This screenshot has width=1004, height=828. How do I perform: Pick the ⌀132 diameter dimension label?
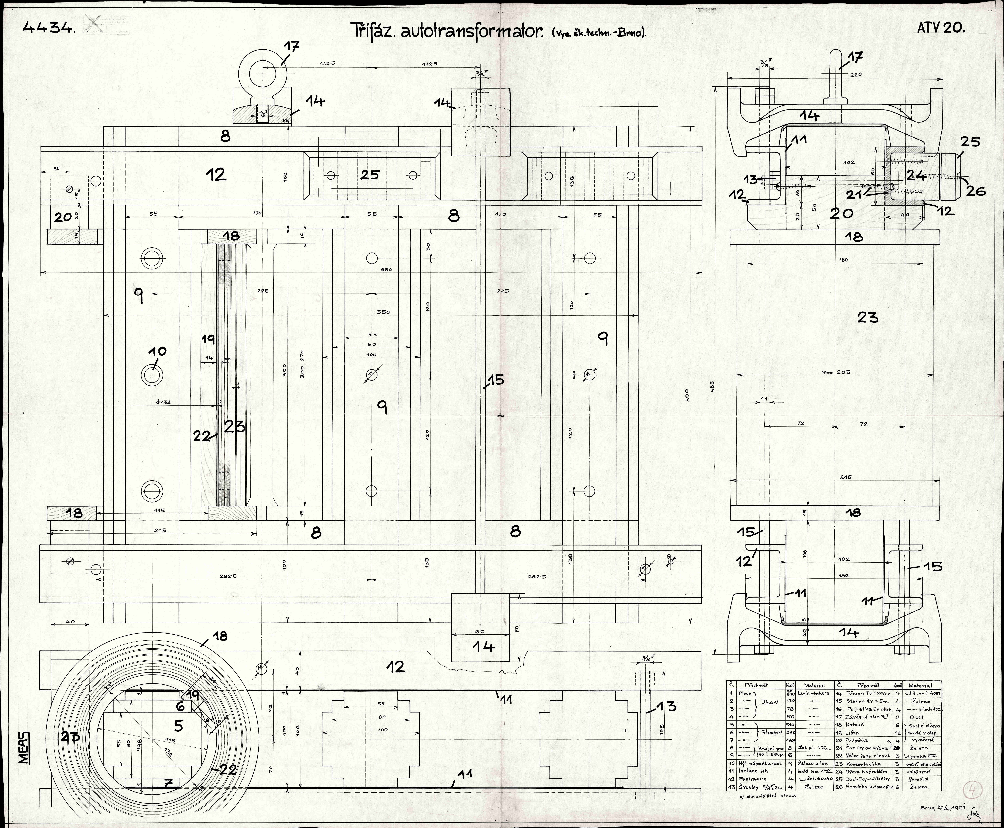(x=163, y=402)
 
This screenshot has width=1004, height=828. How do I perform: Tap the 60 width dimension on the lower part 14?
(x=480, y=631)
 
